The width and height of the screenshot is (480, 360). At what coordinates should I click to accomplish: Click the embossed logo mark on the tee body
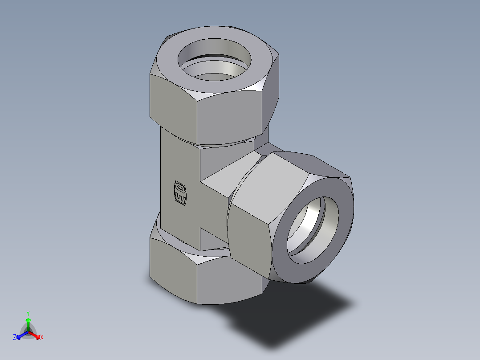[179, 193]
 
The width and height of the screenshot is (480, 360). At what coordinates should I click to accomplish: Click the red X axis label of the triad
[42, 338]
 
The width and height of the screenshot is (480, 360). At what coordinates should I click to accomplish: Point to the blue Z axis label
[15, 338]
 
